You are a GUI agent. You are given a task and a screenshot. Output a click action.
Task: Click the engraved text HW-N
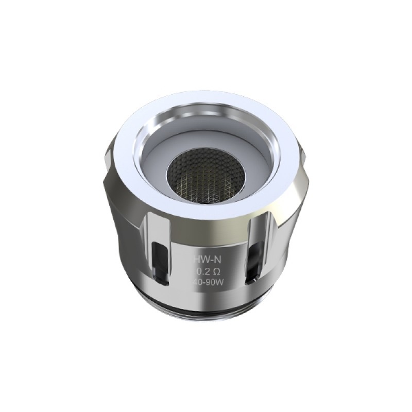[206, 261]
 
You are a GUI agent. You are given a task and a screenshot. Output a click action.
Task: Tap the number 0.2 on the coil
[202, 272]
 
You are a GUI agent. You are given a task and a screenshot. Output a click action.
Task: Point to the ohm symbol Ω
[215, 272]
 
